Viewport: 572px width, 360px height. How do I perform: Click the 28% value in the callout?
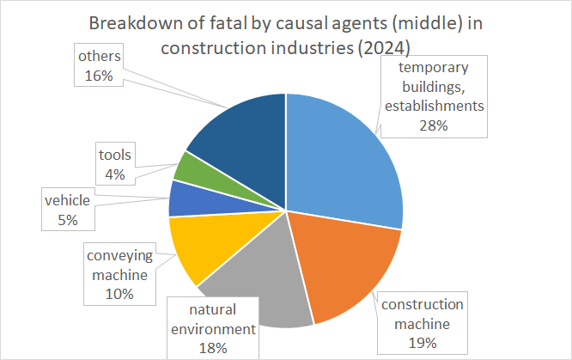coord(434,125)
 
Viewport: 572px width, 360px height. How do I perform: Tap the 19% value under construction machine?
coord(423,343)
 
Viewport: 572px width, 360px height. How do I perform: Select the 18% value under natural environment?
coord(213,348)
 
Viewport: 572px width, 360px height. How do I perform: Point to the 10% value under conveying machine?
coord(119,294)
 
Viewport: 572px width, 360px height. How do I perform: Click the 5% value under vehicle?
coord(68,220)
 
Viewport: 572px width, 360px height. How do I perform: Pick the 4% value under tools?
coord(115,174)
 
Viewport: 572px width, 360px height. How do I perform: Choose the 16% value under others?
coord(99,76)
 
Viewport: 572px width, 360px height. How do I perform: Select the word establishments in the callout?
coord(435,106)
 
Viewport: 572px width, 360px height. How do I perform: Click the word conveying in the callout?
coord(119,256)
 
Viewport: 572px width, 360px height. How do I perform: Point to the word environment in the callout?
coord(213,329)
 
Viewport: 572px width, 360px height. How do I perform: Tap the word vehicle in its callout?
coord(68,200)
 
